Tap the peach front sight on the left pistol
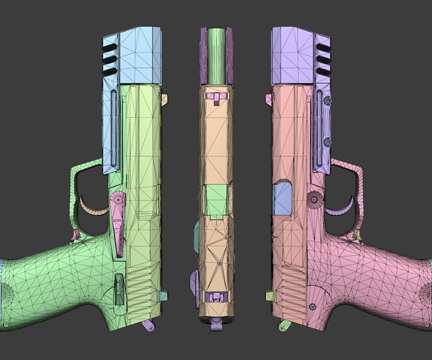[x=163, y=99]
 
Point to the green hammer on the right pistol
[x=283, y=326]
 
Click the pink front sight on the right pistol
[x=269, y=98]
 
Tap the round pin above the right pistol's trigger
[x=314, y=197]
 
